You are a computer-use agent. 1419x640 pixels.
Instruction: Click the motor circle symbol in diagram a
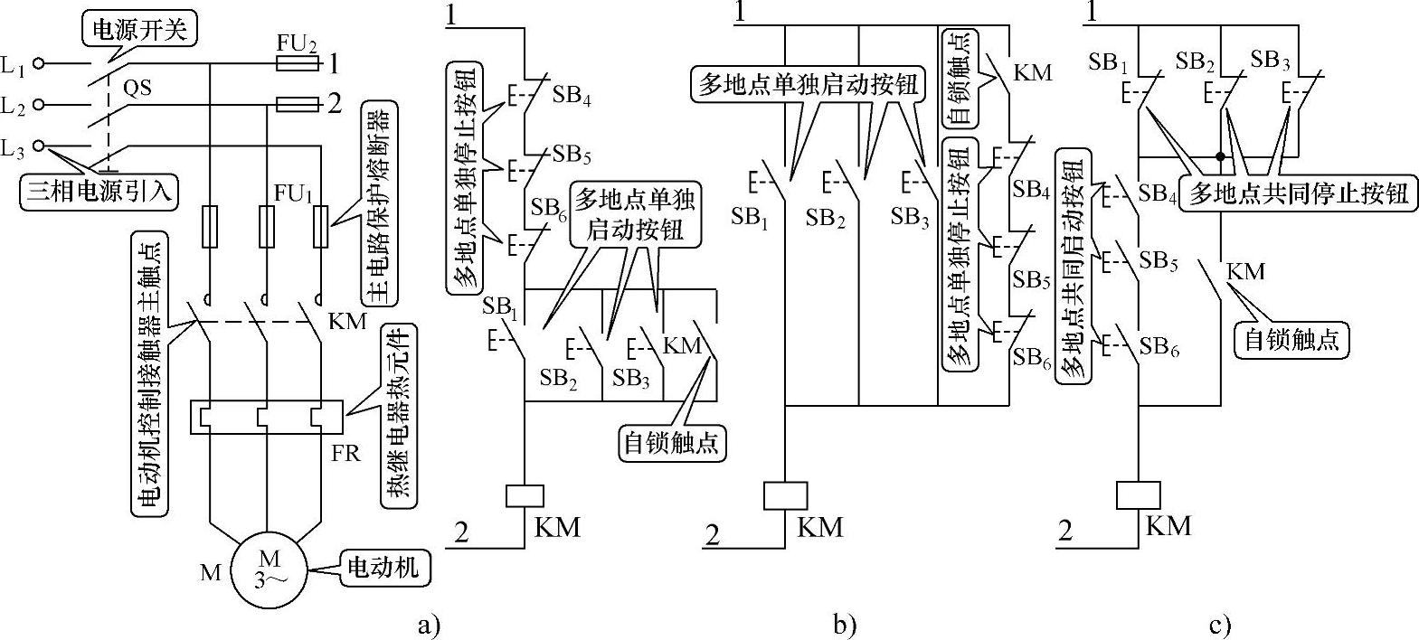[x=268, y=566]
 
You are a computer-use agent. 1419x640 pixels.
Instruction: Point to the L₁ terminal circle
[x=39, y=64]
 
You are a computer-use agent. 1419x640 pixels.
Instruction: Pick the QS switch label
[x=137, y=88]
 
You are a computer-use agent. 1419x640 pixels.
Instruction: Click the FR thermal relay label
[x=345, y=452]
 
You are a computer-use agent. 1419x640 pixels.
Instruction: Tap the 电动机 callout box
[x=384, y=567]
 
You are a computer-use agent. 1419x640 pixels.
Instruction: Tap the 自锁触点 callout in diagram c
[x=1291, y=339]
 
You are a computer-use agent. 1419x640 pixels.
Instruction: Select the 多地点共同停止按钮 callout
[x=1299, y=193]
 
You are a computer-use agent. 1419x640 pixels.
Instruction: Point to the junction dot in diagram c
[x=1221, y=157]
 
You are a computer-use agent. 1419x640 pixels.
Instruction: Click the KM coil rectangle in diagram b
[x=784, y=495]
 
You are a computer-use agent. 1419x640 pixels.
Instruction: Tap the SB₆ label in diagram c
[x=1159, y=346]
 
